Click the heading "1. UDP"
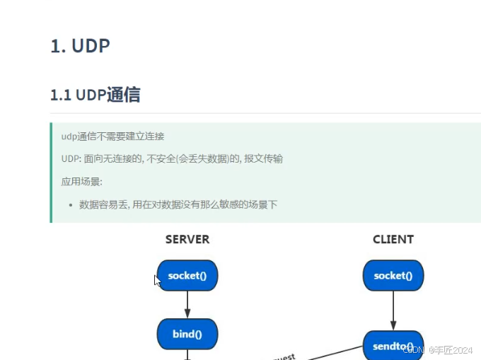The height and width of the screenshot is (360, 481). tap(80, 46)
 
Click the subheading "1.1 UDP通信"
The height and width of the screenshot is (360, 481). tap(95, 95)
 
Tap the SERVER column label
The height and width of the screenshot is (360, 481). tap(187, 239)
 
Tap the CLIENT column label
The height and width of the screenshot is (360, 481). tap(393, 239)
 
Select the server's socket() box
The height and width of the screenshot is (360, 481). tap(187, 276)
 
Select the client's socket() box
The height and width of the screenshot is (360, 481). tap(393, 276)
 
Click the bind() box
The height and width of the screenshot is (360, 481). tap(187, 334)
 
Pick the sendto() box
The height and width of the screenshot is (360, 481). tap(393, 346)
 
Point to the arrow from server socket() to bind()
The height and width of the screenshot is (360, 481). tap(187, 305)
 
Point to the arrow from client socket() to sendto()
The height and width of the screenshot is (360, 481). tap(393, 310)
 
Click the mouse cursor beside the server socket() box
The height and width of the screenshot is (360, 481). tap(157, 280)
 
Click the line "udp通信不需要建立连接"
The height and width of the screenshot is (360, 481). tap(112, 136)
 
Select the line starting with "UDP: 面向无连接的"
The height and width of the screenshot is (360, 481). tap(172, 158)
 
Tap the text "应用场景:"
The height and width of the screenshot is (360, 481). tap(82, 182)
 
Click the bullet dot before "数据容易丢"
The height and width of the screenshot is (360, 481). tap(71, 205)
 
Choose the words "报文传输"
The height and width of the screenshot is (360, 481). tap(264, 158)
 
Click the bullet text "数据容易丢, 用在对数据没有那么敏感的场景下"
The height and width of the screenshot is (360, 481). tap(178, 204)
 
